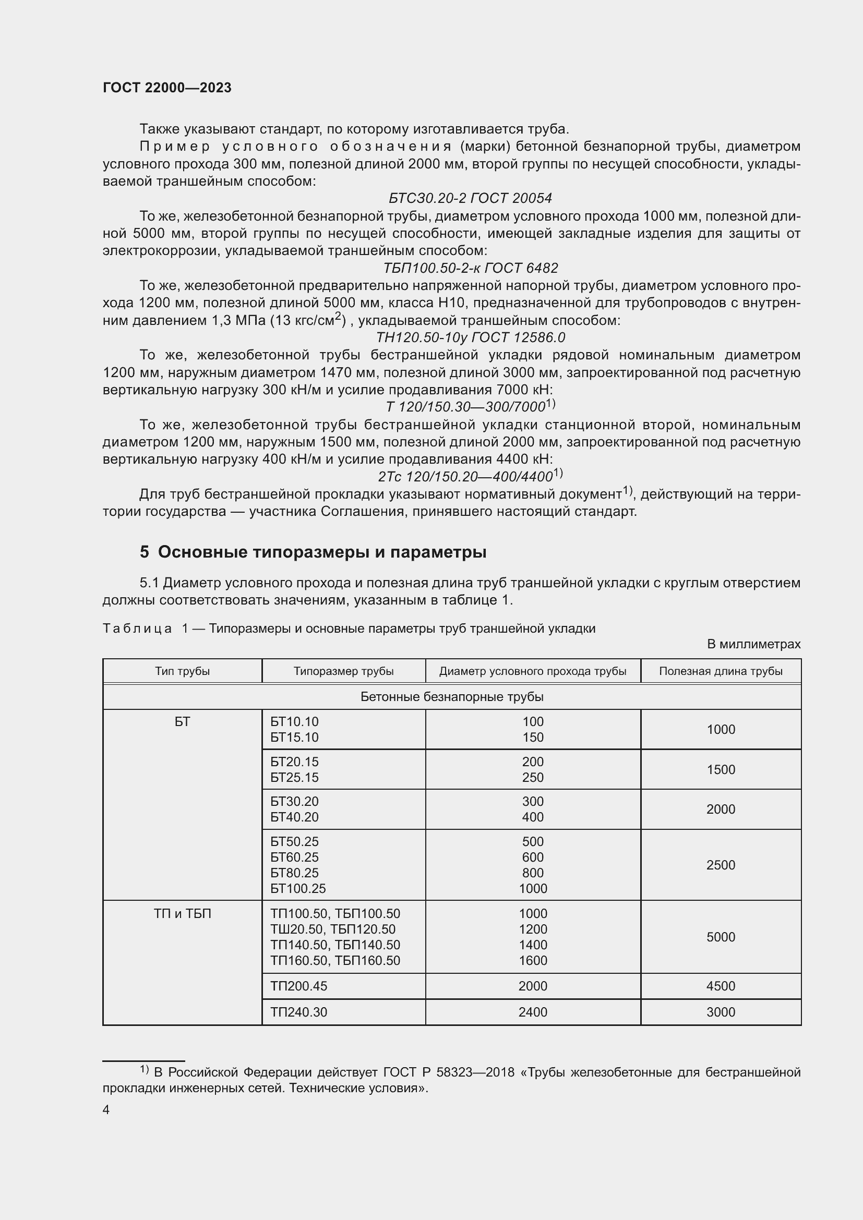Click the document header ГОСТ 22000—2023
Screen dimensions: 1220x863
[x=167, y=88]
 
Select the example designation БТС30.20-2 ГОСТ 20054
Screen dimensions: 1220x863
[x=470, y=198]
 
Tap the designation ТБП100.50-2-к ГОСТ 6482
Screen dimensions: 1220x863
[x=470, y=268]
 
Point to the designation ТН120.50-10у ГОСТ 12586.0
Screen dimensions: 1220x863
[x=470, y=337]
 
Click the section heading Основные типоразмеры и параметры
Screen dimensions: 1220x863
[x=321, y=552]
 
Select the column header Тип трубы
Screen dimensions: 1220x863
[x=182, y=671]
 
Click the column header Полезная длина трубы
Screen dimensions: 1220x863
[x=720, y=671]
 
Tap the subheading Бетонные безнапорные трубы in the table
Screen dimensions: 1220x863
[x=451, y=697]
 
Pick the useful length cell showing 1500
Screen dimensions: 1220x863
[x=720, y=769]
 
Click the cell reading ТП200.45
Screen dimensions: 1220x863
[x=298, y=986]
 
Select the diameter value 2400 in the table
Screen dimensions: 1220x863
[x=533, y=1012]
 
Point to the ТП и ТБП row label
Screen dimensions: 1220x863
[x=182, y=914]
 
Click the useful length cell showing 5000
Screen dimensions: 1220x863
[x=720, y=937]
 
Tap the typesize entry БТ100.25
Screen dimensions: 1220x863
[x=297, y=888]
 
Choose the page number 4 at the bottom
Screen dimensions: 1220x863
[x=106, y=1110]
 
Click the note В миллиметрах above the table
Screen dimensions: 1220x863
[x=753, y=644]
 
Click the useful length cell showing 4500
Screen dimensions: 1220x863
[x=720, y=986]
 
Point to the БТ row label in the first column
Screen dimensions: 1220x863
[x=182, y=722]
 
